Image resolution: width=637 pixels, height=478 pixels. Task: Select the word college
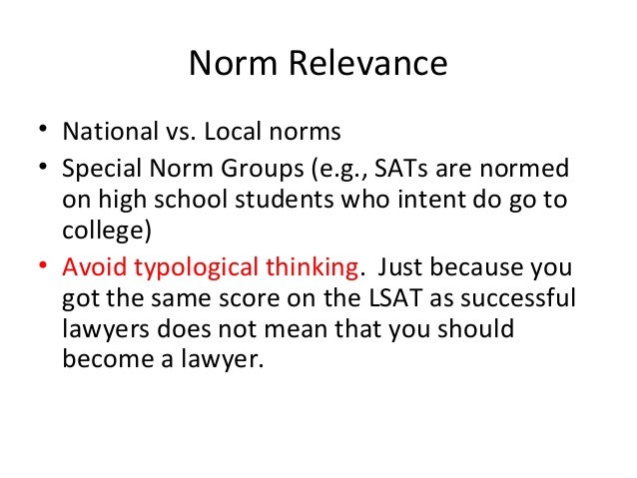click(99, 231)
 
